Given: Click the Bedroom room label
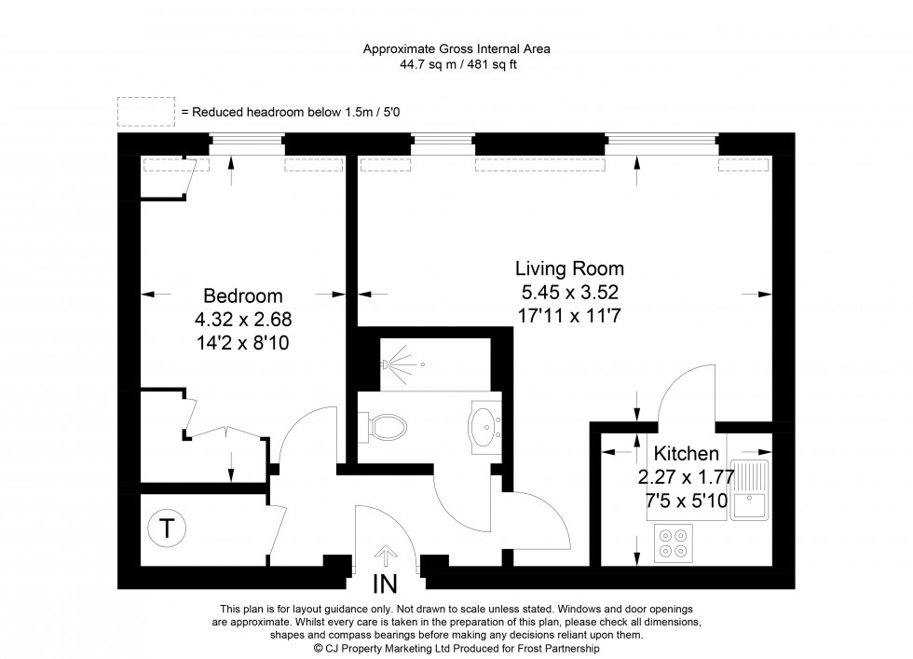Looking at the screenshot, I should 242,296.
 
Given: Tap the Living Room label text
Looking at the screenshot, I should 568,268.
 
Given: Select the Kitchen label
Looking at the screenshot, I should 686,455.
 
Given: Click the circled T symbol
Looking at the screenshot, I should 166,529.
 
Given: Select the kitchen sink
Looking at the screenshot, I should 749,490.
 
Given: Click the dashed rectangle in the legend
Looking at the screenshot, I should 145,111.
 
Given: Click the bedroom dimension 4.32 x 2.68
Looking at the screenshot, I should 242,319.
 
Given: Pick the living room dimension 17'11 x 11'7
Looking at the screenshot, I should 568,315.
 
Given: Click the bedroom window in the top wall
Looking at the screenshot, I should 245,144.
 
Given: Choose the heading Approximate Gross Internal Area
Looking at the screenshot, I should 456,49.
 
